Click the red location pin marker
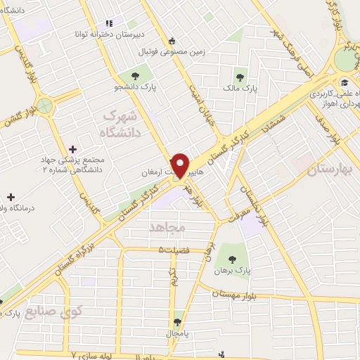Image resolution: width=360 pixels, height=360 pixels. click(180, 165)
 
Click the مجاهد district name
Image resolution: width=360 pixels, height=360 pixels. click(166, 226)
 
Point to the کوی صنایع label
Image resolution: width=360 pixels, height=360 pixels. click(53, 310)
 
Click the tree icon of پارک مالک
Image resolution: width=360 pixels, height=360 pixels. click(240, 77)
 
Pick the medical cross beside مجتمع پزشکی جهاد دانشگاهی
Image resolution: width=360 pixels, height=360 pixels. click(73, 149)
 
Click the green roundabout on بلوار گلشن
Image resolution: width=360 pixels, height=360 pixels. click(45, 106)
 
